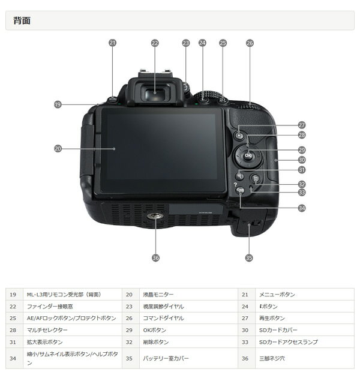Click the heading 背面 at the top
pyautogui.click(x=22, y=21)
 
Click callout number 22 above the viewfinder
pyautogui.click(x=155, y=43)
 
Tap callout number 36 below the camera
pyautogui.click(x=155, y=257)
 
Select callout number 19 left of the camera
pyautogui.click(x=58, y=104)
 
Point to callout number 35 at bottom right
pyautogui.click(x=249, y=257)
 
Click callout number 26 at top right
pyautogui.click(x=250, y=43)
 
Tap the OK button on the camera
pyautogui.click(x=248, y=157)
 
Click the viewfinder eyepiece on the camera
pyautogui.click(x=155, y=92)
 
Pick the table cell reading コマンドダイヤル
pyautogui.click(x=163, y=318)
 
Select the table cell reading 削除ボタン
pyautogui.click(x=155, y=342)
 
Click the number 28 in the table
pyautogui.click(x=13, y=330)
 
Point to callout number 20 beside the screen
pyautogui.click(x=58, y=148)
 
